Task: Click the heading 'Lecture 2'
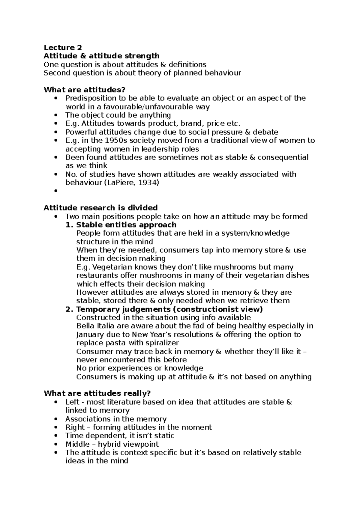[x=63, y=48]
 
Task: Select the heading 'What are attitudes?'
[x=84, y=90]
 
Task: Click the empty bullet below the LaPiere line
[x=55, y=192]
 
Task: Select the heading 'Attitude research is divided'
[x=100, y=208]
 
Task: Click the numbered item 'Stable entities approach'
[x=126, y=225]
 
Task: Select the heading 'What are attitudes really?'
[x=97, y=394]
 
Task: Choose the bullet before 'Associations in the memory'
[x=55, y=419]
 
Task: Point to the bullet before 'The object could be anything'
[x=55, y=115]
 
